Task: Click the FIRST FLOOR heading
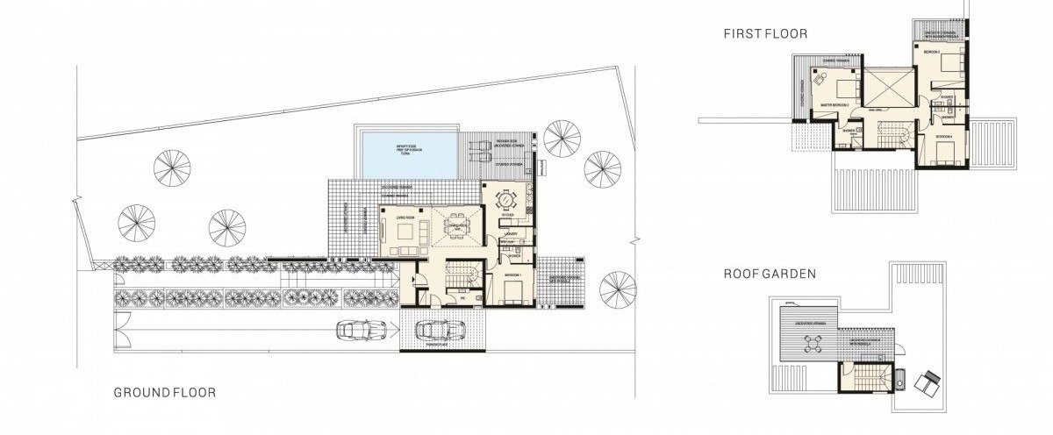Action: click(x=765, y=34)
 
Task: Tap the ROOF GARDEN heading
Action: click(x=770, y=274)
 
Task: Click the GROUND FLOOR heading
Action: click(x=164, y=393)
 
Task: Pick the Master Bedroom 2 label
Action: click(x=834, y=103)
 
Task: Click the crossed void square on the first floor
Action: click(x=890, y=88)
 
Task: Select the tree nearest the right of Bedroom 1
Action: click(x=617, y=289)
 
